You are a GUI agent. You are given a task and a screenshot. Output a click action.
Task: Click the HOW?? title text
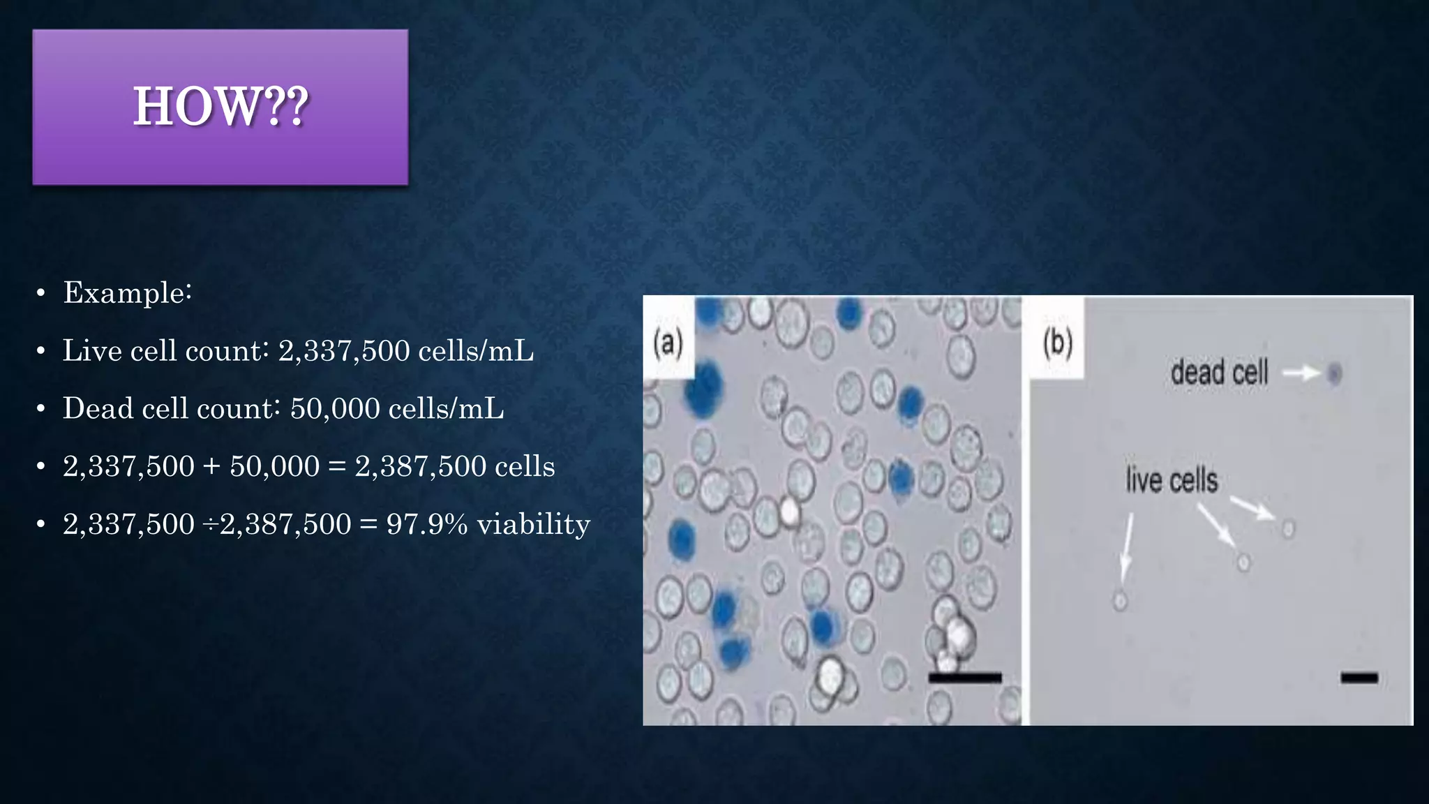pyautogui.click(x=220, y=107)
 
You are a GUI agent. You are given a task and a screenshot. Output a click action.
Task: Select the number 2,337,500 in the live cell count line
pyautogui.click(x=343, y=350)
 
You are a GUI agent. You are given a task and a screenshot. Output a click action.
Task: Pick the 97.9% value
pyautogui.click(x=427, y=524)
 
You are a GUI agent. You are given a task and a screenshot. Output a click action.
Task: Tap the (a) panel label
pyautogui.click(x=668, y=343)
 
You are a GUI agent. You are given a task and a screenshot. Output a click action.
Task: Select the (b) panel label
pyautogui.click(x=1058, y=343)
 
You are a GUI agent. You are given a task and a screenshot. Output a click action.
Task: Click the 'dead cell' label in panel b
pyautogui.click(x=1219, y=373)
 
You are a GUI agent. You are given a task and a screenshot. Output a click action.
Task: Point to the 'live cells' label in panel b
pyautogui.click(x=1172, y=481)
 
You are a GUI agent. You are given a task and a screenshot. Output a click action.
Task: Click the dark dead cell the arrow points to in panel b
pyautogui.click(x=1334, y=373)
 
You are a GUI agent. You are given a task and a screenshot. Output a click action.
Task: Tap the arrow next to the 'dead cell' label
pyautogui.click(x=1301, y=373)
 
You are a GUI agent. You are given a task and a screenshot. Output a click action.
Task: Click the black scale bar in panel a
pyautogui.click(x=965, y=677)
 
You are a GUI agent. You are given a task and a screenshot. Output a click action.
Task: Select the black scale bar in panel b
pyautogui.click(x=1359, y=677)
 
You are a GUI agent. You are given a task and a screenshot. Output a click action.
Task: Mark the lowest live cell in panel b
pyautogui.click(x=1120, y=600)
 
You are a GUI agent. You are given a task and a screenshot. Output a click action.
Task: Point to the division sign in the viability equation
pyautogui.click(x=209, y=525)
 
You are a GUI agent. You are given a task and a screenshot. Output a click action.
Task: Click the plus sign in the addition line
pyautogui.click(x=211, y=467)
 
